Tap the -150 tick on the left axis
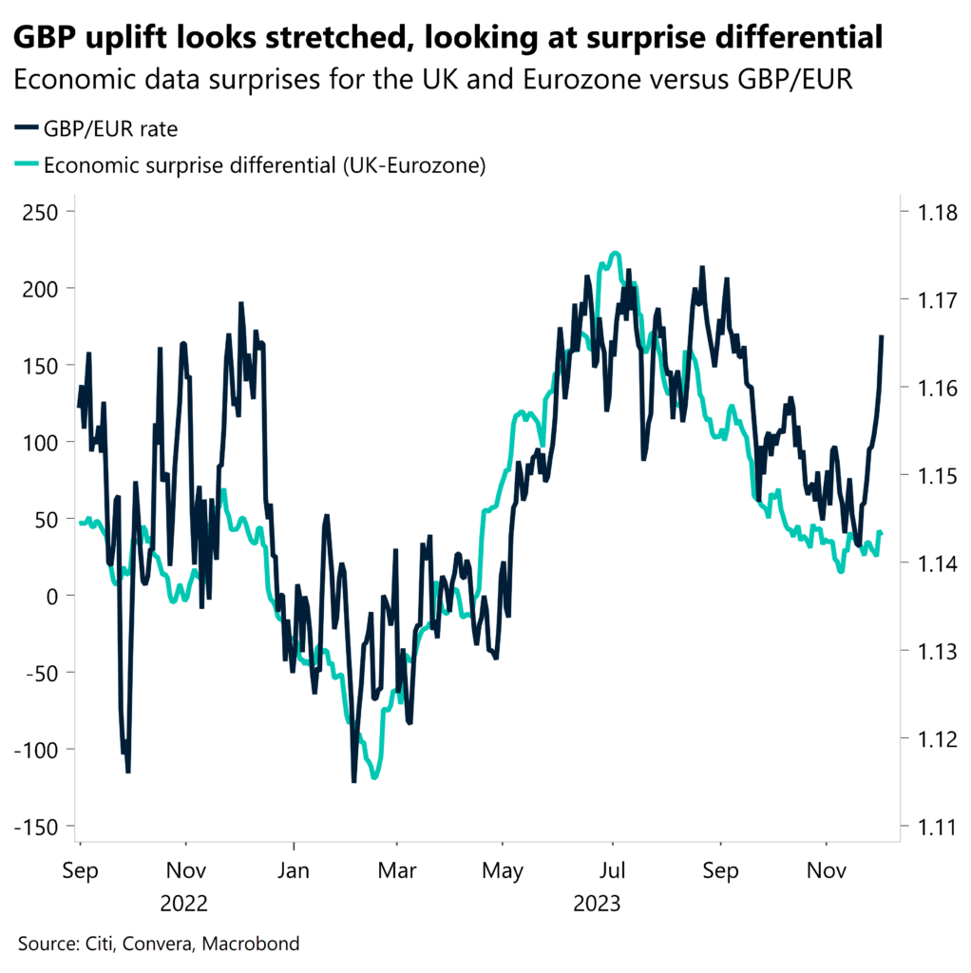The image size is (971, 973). (x=38, y=828)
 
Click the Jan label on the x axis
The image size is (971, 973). (x=295, y=870)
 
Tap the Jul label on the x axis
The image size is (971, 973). (x=613, y=870)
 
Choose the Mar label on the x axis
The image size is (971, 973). (x=397, y=870)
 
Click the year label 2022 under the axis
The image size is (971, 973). (x=186, y=902)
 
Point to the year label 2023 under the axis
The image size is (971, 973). (x=596, y=902)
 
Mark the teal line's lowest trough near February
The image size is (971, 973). (x=374, y=777)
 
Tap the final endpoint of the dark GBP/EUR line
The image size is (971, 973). (x=882, y=336)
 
